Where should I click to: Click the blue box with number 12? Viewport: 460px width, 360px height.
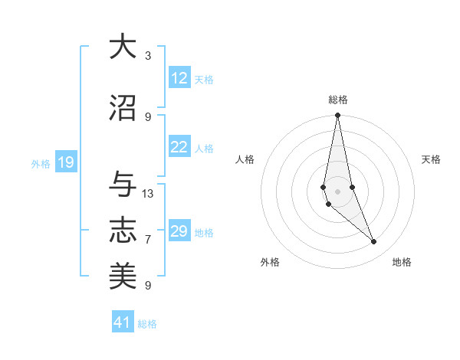click(179, 78)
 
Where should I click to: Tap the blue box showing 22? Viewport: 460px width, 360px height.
click(179, 147)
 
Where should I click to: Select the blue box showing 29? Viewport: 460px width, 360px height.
click(179, 231)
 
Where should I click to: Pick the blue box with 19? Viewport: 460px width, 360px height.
click(65, 162)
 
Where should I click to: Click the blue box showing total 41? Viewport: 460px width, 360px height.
click(123, 323)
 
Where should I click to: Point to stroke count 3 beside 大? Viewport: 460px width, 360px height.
click(148, 55)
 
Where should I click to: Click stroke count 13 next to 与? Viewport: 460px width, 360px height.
click(148, 193)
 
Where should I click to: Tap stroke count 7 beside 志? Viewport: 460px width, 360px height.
click(148, 240)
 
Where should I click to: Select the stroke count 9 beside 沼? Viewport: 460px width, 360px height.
click(148, 116)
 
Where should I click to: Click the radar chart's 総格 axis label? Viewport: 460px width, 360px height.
click(337, 100)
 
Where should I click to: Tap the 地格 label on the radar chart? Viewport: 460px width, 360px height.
click(402, 262)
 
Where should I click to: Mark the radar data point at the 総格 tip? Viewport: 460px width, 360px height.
click(337, 116)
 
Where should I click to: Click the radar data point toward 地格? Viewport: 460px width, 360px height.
click(374, 242)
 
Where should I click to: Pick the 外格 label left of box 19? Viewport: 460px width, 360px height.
click(40, 163)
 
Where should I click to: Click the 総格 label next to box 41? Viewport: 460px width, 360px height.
click(147, 324)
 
